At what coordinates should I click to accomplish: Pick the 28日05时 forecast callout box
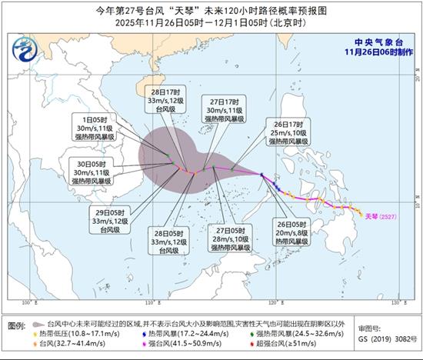click(169, 241)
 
